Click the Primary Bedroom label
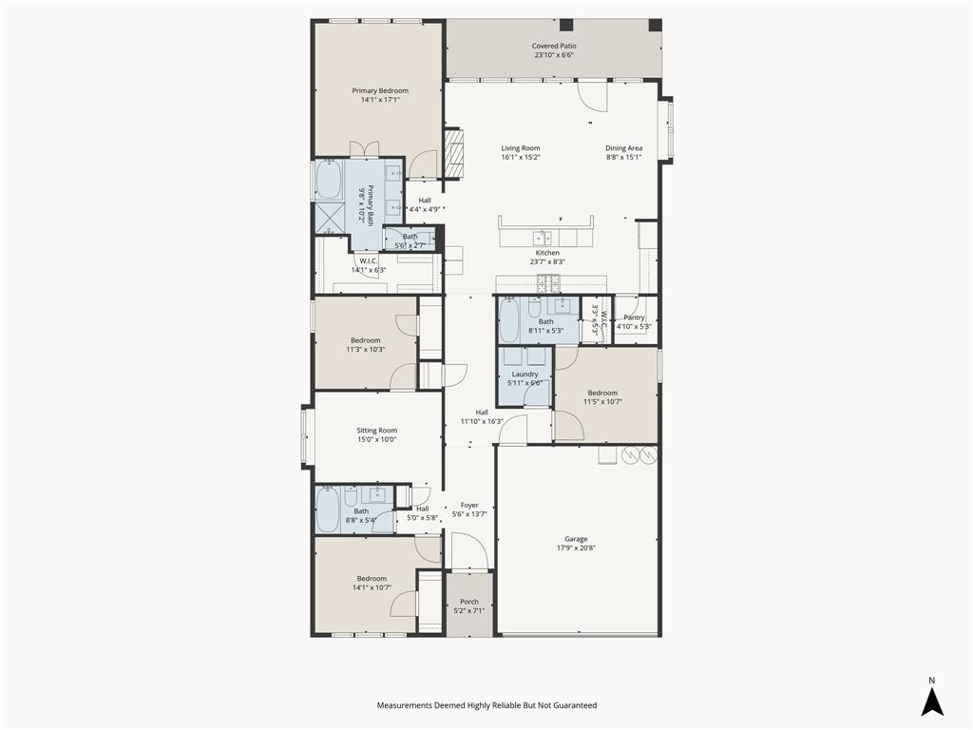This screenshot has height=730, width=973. pyautogui.click(x=380, y=91)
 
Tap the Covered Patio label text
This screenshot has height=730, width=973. pyautogui.click(x=554, y=46)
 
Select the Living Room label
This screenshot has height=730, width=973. pyautogui.click(x=521, y=148)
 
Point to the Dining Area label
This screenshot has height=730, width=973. pyautogui.click(x=624, y=148)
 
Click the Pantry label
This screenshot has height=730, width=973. pyautogui.click(x=634, y=317)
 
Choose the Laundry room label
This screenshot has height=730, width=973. pyautogui.click(x=525, y=375)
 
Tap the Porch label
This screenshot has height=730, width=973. pyautogui.click(x=469, y=602)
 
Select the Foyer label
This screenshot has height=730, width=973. pyautogui.click(x=469, y=506)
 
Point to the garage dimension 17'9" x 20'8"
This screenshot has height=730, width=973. pyautogui.click(x=576, y=547)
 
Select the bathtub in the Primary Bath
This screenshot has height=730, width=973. pyautogui.click(x=328, y=180)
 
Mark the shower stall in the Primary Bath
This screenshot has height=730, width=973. pyautogui.click(x=328, y=218)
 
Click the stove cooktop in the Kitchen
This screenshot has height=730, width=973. pyautogui.click(x=549, y=282)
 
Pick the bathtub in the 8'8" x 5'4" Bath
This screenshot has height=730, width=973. pyautogui.click(x=328, y=510)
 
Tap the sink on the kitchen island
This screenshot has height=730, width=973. pyautogui.click(x=544, y=236)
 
